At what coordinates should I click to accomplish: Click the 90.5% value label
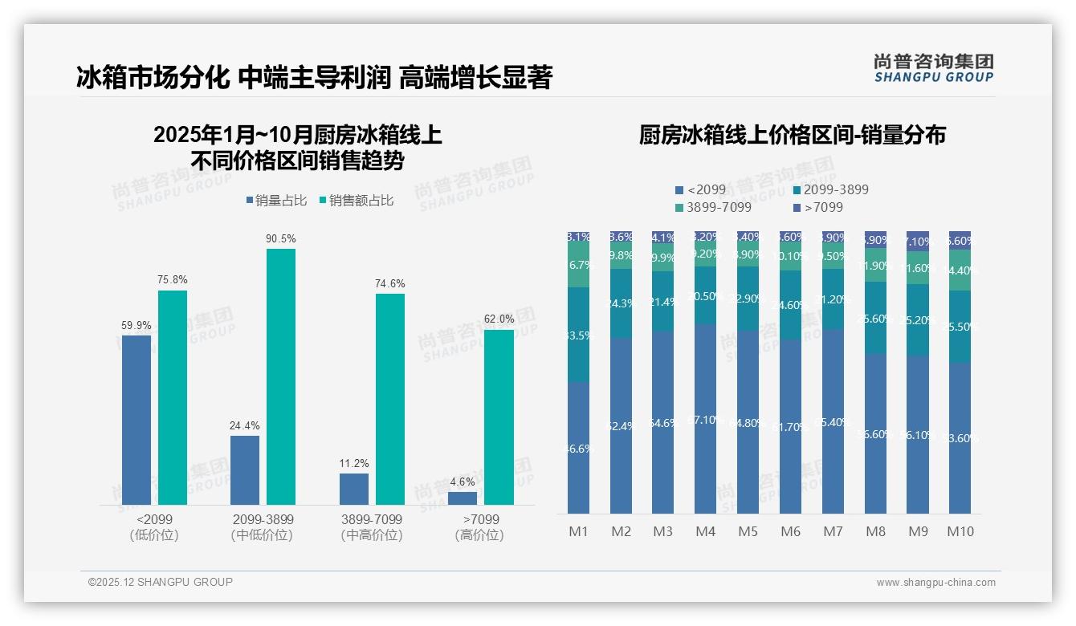coord(281,238)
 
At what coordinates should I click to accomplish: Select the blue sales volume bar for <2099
coord(137,420)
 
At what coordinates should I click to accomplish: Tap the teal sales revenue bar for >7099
coord(499,417)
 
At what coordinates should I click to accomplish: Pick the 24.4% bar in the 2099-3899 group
coord(245,469)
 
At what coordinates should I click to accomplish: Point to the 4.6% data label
coord(463,482)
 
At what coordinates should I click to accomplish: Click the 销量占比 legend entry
coord(276,201)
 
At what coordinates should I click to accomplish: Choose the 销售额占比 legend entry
coord(357,201)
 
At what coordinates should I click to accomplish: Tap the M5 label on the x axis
coord(748,531)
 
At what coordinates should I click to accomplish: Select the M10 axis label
coord(960,531)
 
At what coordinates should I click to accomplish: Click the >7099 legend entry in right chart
coord(818,208)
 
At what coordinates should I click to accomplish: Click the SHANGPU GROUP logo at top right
coord(933,68)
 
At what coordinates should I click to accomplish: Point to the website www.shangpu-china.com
coord(935,583)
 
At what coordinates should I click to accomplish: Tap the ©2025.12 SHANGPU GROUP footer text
coord(161,583)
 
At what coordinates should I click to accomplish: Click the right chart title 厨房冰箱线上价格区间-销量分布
coord(792,135)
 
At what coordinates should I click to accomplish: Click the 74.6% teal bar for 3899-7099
coord(390,399)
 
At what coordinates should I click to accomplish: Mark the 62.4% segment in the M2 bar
coord(621,425)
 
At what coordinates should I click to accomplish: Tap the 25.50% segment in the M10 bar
coord(960,327)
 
